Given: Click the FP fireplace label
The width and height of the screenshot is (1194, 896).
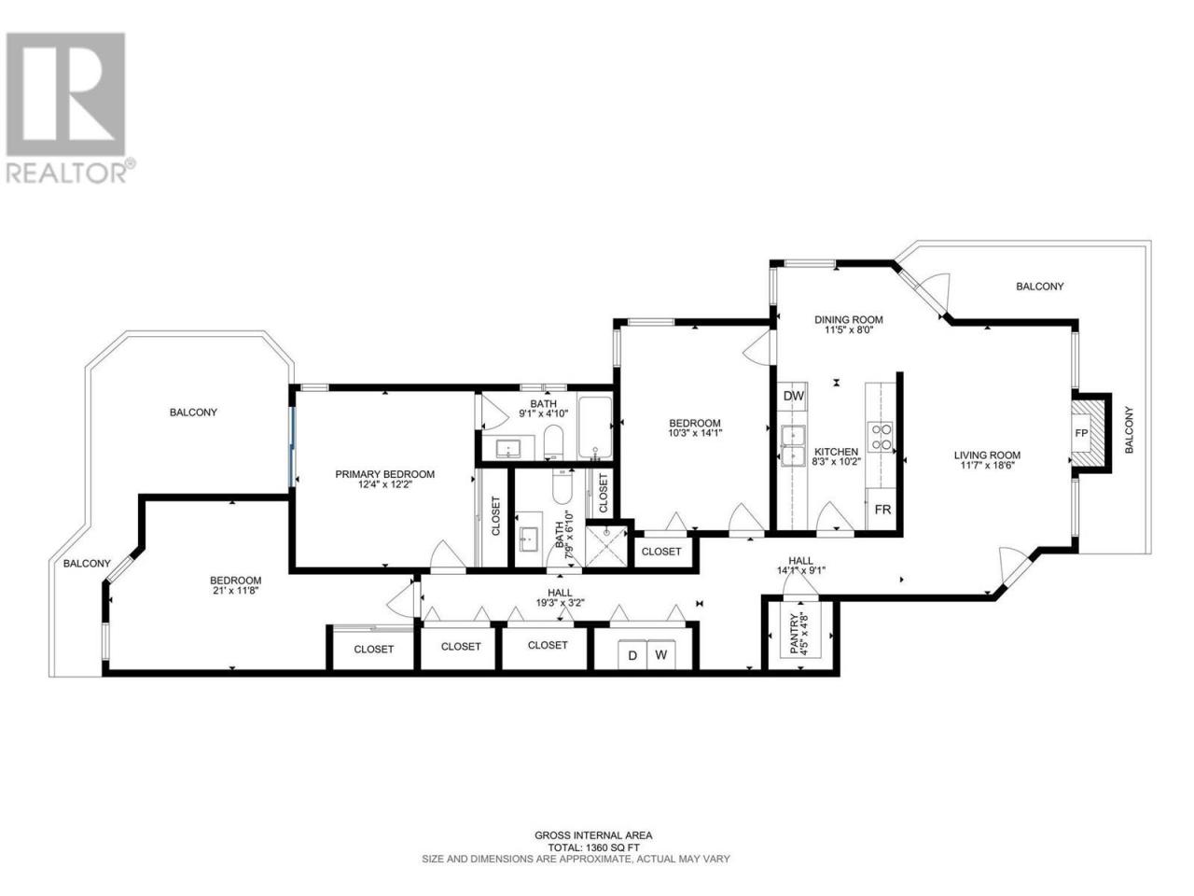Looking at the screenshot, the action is (x=1081, y=433).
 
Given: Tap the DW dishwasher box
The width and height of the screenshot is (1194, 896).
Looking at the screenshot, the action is (x=793, y=396).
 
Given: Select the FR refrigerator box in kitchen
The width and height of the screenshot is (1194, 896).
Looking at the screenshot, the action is (x=882, y=510).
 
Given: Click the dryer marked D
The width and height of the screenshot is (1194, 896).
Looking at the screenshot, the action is (x=632, y=655).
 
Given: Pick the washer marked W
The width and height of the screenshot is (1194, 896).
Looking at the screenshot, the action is (x=661, y=655).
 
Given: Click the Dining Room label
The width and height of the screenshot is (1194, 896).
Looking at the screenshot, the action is (x=848, y=320).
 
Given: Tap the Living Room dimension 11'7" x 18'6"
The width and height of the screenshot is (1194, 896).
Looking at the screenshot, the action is (x=987, y=466).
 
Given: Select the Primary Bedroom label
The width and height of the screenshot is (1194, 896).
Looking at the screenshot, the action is (x=384, y=474).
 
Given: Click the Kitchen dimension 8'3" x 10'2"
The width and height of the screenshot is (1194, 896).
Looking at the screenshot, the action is (x=836, y=461).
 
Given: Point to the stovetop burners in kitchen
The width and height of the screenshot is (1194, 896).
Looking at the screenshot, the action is (x=882, y=437).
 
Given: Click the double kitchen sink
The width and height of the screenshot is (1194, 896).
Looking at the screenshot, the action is (x=793, y=446).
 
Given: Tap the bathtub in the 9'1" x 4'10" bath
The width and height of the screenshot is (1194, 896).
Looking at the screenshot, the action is (x=594, y=427).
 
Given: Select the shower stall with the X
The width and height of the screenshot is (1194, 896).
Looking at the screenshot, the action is (x=606, y=546).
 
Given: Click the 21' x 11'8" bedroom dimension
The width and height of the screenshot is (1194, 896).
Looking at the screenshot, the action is (x=236, y=590).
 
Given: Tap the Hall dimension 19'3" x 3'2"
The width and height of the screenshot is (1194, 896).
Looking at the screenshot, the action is (x=560, y=602).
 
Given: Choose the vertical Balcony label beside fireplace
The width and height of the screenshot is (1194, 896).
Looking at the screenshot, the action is (x=1129, y=430).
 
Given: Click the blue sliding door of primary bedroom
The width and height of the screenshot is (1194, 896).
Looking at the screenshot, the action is (x=292, y=447).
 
